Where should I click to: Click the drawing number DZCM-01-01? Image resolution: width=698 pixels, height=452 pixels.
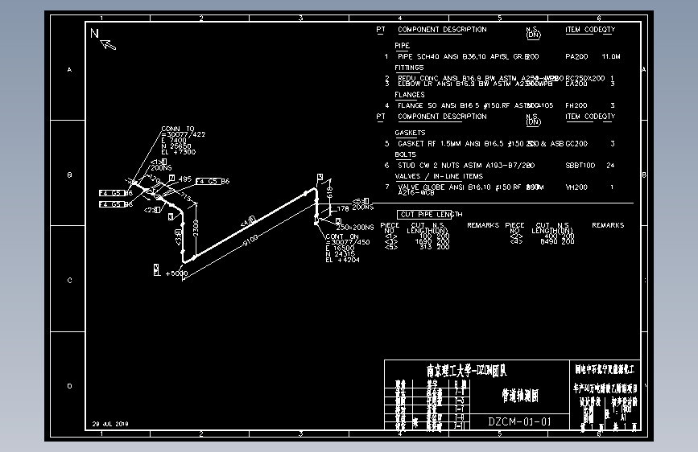pyautogui.click(x=519, y=421)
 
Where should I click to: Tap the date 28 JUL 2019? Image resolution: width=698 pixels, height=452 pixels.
pyautogui.click(x=110, y=423)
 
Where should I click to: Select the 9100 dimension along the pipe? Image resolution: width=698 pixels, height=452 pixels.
pyautogui.click(x=251, y=238)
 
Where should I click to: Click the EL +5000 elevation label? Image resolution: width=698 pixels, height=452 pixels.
pyautogui.click(x=176, y=273)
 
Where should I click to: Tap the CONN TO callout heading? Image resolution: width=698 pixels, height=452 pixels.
pyautogui.click(x=177, y=129)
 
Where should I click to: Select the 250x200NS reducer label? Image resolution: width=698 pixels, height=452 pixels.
pyautogui.click(x=354, y=228)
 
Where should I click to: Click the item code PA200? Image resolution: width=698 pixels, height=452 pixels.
pyautogui.click(x=576, y=57)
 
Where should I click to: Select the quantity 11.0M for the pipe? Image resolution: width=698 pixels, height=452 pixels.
pyautogui.click(x=611, y=57)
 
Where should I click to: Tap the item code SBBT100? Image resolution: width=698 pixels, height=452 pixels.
pyautogui.click(x=580, y=165)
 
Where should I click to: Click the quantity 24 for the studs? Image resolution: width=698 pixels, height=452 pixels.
pyautogui.click(x=610, y=165)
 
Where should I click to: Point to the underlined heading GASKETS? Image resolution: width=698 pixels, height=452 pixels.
pyautogui.click(x=410, y=133)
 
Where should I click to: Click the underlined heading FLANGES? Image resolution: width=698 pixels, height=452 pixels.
pyautogui.click(x=410, y=95)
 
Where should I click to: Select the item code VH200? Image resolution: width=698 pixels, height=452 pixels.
pyautogui.click(x=576, y=187)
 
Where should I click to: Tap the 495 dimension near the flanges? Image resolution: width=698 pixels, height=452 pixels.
pyautogui.click(x=185, y=179)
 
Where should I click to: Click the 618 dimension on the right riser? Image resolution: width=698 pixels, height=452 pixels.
pyautogui.click(x=329, y=194)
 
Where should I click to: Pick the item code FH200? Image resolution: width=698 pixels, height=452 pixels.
pyautogui.click(x=576, y=105)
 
